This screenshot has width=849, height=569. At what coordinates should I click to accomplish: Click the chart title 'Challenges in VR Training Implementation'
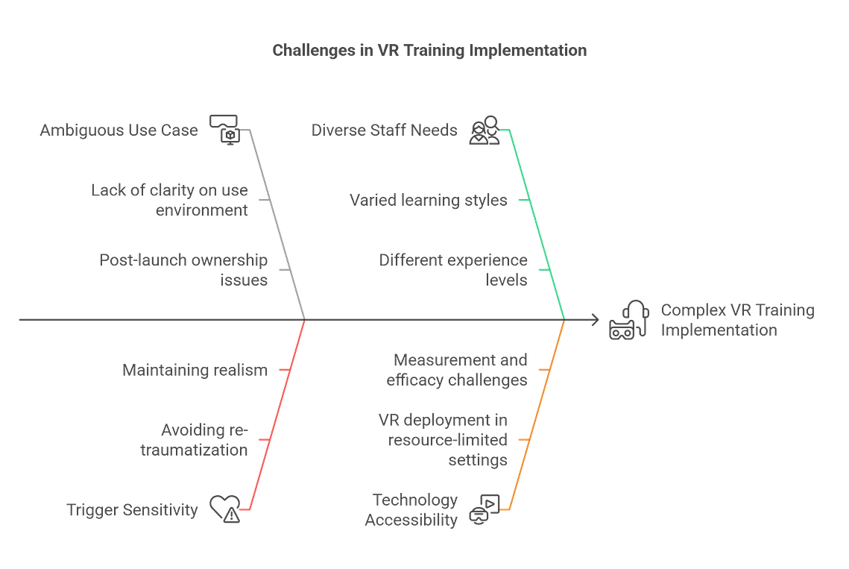tap(429, 51)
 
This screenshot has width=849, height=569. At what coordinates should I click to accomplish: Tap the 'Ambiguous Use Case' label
tap(119, 130)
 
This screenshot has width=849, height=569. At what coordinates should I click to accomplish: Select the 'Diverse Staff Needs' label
tap(384, 130)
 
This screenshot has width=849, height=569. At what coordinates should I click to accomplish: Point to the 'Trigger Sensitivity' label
tap(132, 510)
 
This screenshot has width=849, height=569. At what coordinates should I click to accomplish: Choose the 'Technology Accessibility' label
tap(411, 509)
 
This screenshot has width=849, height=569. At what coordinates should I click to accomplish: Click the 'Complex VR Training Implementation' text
tap(737, 320)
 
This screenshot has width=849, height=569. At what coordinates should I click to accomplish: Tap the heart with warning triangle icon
tap(225, 509)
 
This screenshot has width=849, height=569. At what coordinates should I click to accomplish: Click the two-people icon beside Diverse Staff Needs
tap(484, 130)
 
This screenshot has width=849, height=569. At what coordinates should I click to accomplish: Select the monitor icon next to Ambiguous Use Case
tap(224, 130)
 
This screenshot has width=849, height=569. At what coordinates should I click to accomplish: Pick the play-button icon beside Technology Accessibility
tap(484, 509)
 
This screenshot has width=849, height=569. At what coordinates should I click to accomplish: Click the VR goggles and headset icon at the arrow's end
tap(628, 320)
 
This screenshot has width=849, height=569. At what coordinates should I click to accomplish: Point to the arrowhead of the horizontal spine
tap(596, 320)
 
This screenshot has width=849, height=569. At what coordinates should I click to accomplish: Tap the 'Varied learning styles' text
tap(429, 200)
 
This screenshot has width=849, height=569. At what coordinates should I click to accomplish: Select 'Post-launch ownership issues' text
tap(183, 270)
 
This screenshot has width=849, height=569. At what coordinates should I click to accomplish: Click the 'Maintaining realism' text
tap(195, 370)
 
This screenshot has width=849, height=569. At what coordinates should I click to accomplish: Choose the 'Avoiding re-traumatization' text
tap(194, 439)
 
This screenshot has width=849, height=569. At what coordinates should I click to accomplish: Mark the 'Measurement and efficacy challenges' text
tap(457, 370)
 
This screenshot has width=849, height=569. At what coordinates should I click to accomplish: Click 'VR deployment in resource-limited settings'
tap(443, 439)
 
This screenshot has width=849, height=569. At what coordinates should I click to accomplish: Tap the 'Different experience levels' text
tap(453, 270)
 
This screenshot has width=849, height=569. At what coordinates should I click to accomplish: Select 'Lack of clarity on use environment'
tap(169, 200)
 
